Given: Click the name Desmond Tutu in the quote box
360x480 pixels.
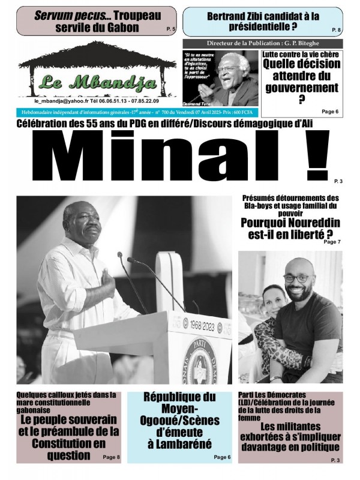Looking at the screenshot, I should pos(202,101).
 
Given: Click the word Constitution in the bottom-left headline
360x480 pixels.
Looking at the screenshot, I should pos(65,443).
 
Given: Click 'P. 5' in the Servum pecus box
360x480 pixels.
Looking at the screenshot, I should pos(170,29).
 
